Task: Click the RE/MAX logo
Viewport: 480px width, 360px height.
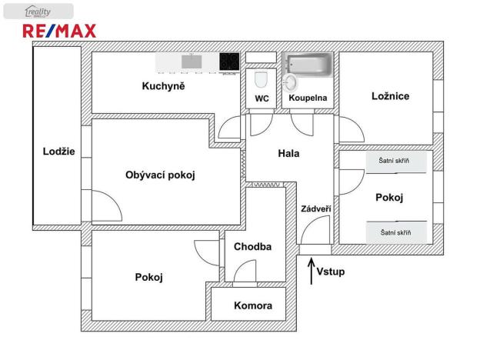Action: [59, 31]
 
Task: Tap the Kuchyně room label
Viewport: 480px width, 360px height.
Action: [164, 86]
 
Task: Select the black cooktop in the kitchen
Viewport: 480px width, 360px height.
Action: [229, 62]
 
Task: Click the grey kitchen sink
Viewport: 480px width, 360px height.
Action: [192, 62]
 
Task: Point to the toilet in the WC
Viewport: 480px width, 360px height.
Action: [261, 79]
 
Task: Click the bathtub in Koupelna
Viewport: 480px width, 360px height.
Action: [308, 64]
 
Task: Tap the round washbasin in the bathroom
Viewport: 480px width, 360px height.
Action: [289, 82]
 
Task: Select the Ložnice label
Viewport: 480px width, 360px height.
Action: [390, 96]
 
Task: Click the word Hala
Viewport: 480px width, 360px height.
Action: [288, 153]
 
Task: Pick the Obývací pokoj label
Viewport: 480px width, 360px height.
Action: [160, 175]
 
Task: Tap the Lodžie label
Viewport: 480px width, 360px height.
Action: [58, 152]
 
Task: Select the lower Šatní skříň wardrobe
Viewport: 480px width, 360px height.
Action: [397, 232]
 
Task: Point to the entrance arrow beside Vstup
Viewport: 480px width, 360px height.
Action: [312, 272]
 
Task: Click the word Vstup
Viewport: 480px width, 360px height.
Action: [331, 272]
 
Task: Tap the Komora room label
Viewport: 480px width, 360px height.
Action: [253, 305]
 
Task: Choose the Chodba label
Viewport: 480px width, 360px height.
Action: [252, 247]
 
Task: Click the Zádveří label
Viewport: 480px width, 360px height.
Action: [315, 208]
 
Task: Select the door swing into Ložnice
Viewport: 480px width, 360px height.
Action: [358, 124]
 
